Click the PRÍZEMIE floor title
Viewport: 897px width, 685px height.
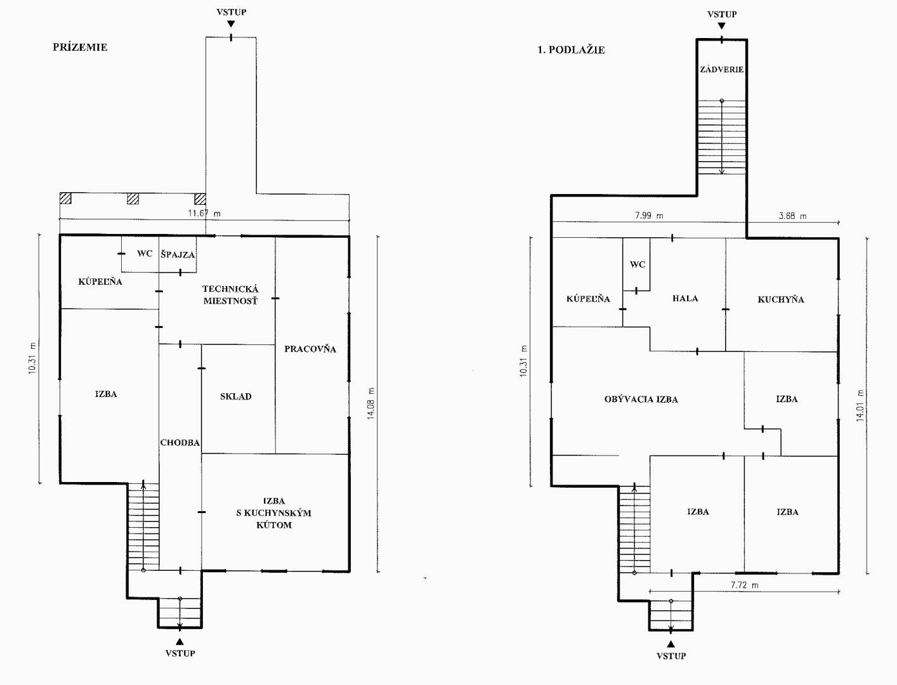click(80, 47)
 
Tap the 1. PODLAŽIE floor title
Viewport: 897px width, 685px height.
click(571, 50)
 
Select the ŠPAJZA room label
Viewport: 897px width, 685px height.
click(178, 254)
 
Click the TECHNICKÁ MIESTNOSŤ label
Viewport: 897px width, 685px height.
click(231, 295)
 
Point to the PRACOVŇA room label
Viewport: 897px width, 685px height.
click(310, 348)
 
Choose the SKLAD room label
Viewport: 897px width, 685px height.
click(236, 396)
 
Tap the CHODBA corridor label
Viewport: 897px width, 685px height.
click(180, 442)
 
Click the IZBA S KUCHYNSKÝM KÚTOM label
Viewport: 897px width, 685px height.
click(274, 512)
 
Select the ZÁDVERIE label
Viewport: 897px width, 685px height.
click(722, 69)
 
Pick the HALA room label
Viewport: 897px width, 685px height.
click(685, 298)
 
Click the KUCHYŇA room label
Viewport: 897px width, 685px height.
click(780, 299)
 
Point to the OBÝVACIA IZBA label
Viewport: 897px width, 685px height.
click(641, 399)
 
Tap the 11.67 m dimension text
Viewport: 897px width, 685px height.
click(204, 213)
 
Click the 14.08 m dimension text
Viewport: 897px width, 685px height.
click(370, 403)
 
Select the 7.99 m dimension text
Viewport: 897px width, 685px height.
click(649, 215)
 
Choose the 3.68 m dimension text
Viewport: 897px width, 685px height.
click(792, 216)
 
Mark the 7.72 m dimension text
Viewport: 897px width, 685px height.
click(745, 585)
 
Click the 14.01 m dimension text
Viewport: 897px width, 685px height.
click(860, 405)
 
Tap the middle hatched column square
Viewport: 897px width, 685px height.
click(133, 199)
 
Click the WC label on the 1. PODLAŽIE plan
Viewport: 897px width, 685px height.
click(638, 264)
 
